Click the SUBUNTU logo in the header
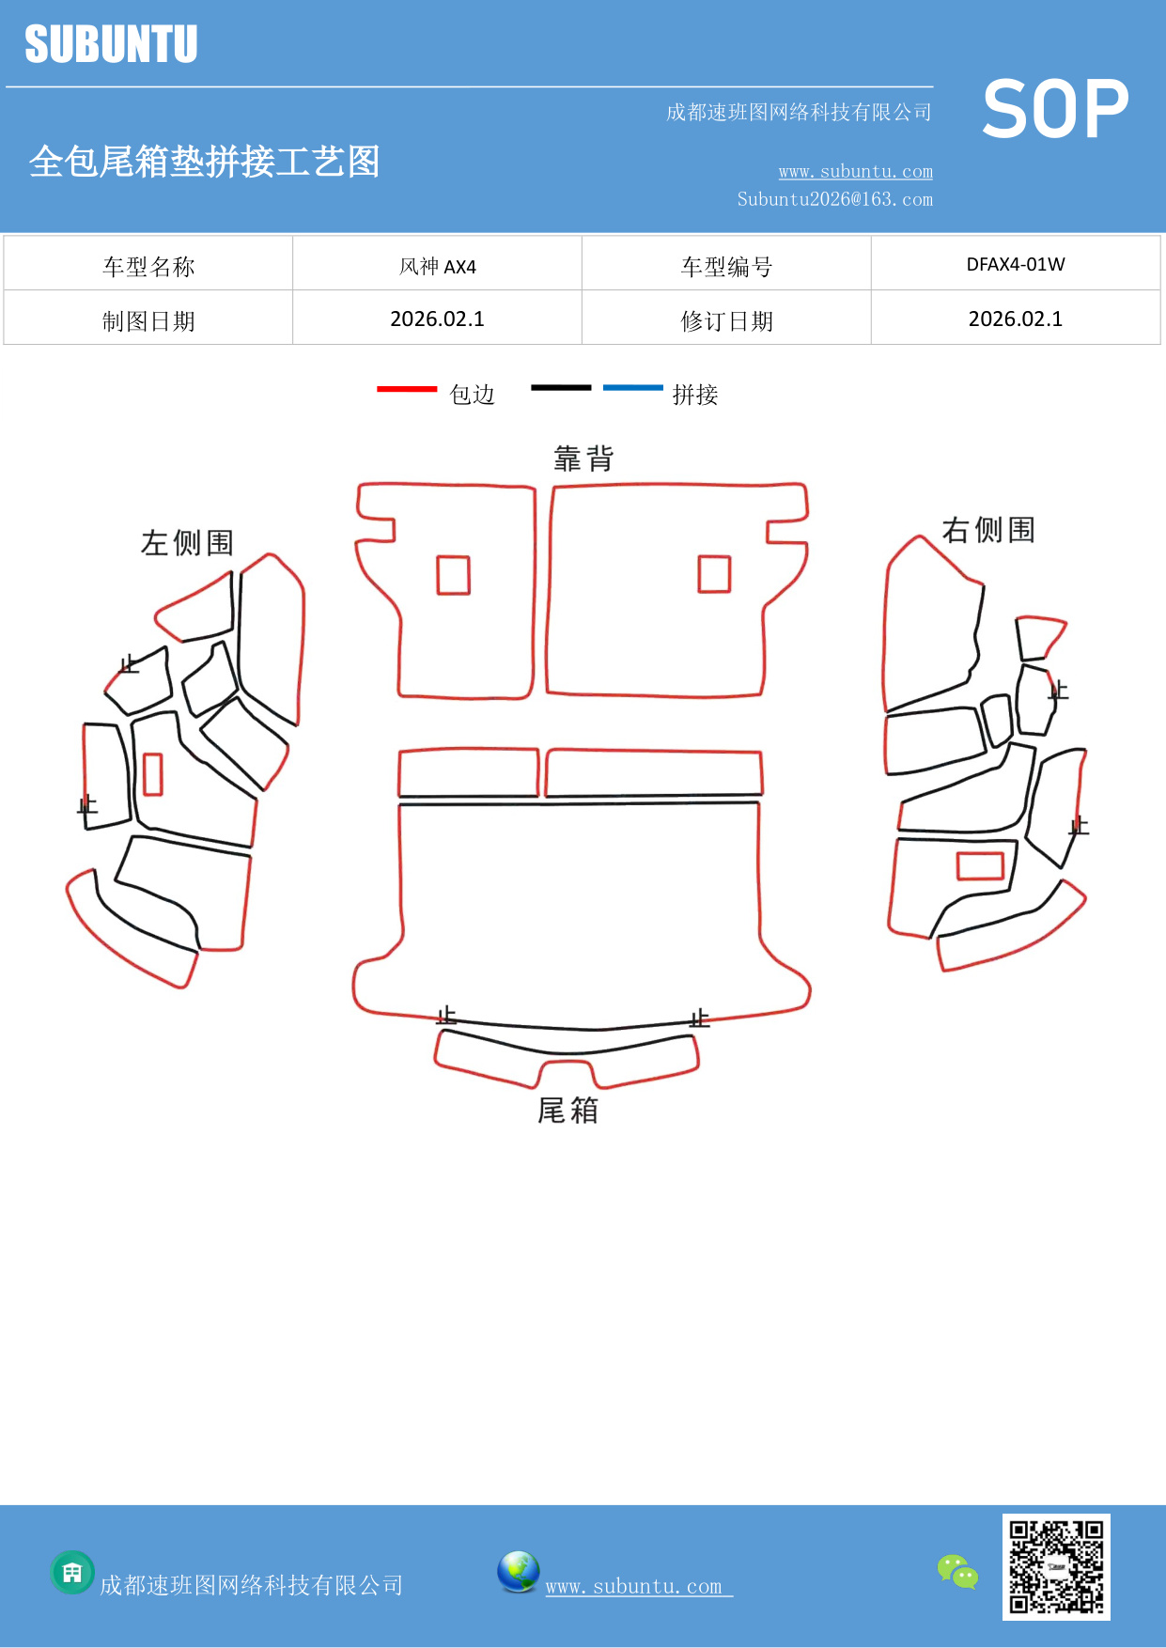111,44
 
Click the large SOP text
1054,109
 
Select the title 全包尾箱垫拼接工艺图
204,162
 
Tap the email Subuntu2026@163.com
834,199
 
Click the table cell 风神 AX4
437,267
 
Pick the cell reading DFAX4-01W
1015,265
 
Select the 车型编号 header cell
726,267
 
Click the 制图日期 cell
148,321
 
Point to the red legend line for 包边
407,388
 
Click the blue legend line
632,387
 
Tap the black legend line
561,387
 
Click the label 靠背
583,459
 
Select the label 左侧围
187,542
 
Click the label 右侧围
988,530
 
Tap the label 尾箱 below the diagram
567,1111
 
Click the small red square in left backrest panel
453,575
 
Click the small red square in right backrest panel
714,574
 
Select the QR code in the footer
1056,1566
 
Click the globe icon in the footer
518,1572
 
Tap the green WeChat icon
957,1571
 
